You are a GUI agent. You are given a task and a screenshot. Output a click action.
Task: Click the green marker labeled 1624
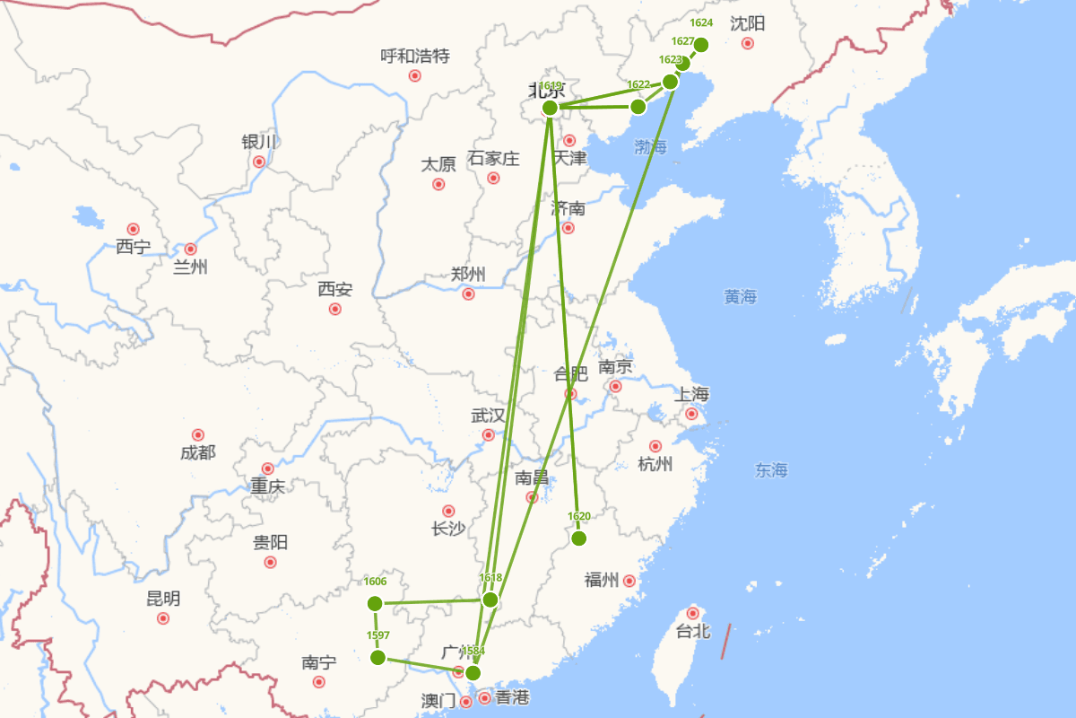tap(701, 45)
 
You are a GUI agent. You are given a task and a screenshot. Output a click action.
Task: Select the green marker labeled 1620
tap(579, 538)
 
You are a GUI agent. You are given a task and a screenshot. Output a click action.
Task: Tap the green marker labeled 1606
tap(375, 603)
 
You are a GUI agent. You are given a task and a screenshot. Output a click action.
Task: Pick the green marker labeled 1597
tap(378, 658)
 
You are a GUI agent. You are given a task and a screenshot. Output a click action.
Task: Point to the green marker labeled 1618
tap(490, 600)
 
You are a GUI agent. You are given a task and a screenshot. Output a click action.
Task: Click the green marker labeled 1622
tap(638, 107)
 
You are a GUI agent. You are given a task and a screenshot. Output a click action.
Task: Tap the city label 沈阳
tap(746, 23)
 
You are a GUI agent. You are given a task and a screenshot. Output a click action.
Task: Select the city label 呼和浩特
tap(415, 57)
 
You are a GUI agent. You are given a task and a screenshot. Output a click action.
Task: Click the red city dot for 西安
tap(335, 309)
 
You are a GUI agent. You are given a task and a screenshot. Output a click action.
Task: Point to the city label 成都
tap(198, 452)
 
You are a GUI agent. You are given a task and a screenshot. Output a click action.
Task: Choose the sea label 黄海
tap(741, 296)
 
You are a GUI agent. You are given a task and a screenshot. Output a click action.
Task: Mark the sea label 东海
tap(771, 469)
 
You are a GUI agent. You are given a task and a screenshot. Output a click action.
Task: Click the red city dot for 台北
tap(692, 613)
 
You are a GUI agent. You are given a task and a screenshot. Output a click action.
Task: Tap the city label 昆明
tap(163, 599)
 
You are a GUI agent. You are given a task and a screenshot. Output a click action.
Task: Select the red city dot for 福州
tap(629, 581)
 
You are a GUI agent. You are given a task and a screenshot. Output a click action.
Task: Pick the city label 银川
tap(259, 143)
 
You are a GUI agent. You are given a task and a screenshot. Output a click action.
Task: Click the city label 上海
tap(691, 394)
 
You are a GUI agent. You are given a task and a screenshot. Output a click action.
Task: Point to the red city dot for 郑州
tap(468, 293)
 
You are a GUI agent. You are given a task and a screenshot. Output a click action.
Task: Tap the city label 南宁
tap(319, 663)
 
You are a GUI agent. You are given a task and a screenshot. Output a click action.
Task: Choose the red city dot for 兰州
tap(190, 249)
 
